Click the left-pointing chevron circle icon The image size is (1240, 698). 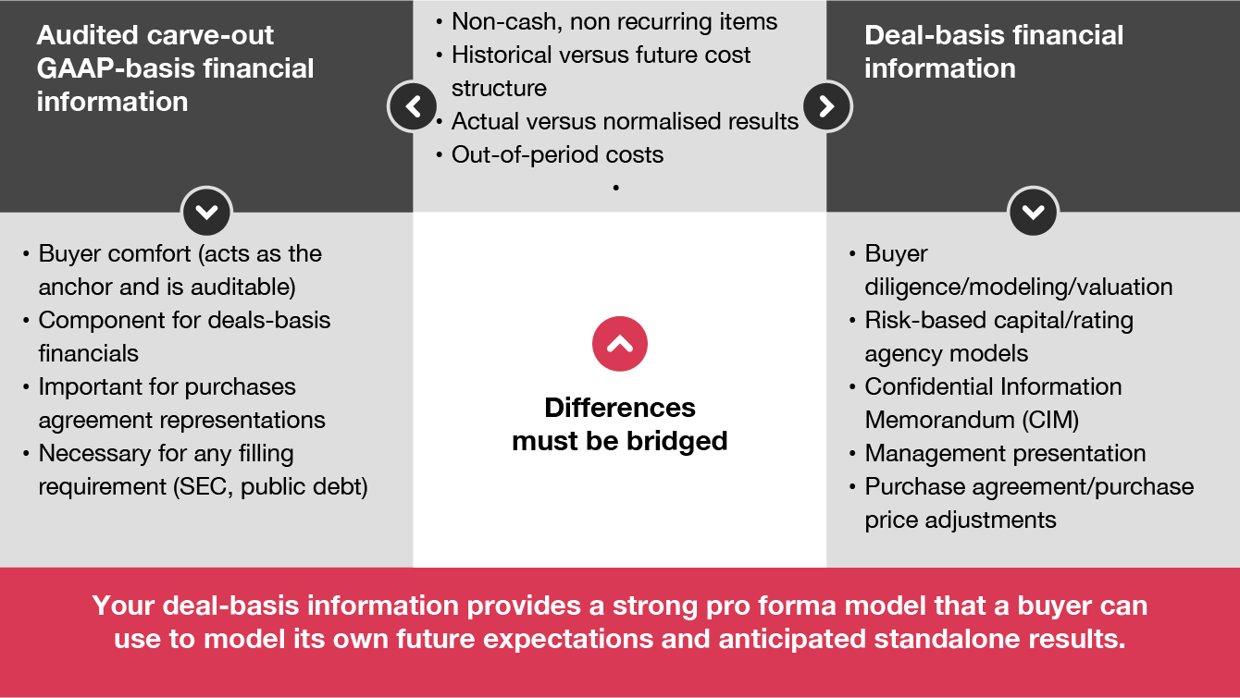pyautogui.click(x=413, y=106)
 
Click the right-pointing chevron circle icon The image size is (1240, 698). pyautogui.click(x=826, y=106)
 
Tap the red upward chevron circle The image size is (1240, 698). pyautogui.click(x=619, y=344)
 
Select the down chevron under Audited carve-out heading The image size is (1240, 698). pyautogui.click(x=206, y=212)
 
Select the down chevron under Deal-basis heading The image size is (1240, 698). pyautogui.click(x=1033, y=212)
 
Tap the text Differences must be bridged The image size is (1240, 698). pyautogui.click(x=619, y=424)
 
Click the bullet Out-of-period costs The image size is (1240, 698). pyautogui.click(x=557, y=154)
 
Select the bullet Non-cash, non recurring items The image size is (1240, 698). pyautogui.click(x=614, y=21)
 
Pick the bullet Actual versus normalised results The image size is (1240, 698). pyautogui.click(x=625, y=121)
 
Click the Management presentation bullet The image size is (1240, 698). pyautogui.click(x=1005, y=453)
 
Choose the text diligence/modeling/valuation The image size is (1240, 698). pyautogui.click(x=1019, y=287)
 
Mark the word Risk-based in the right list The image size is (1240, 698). pyautogui.click(x=925, y=320)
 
